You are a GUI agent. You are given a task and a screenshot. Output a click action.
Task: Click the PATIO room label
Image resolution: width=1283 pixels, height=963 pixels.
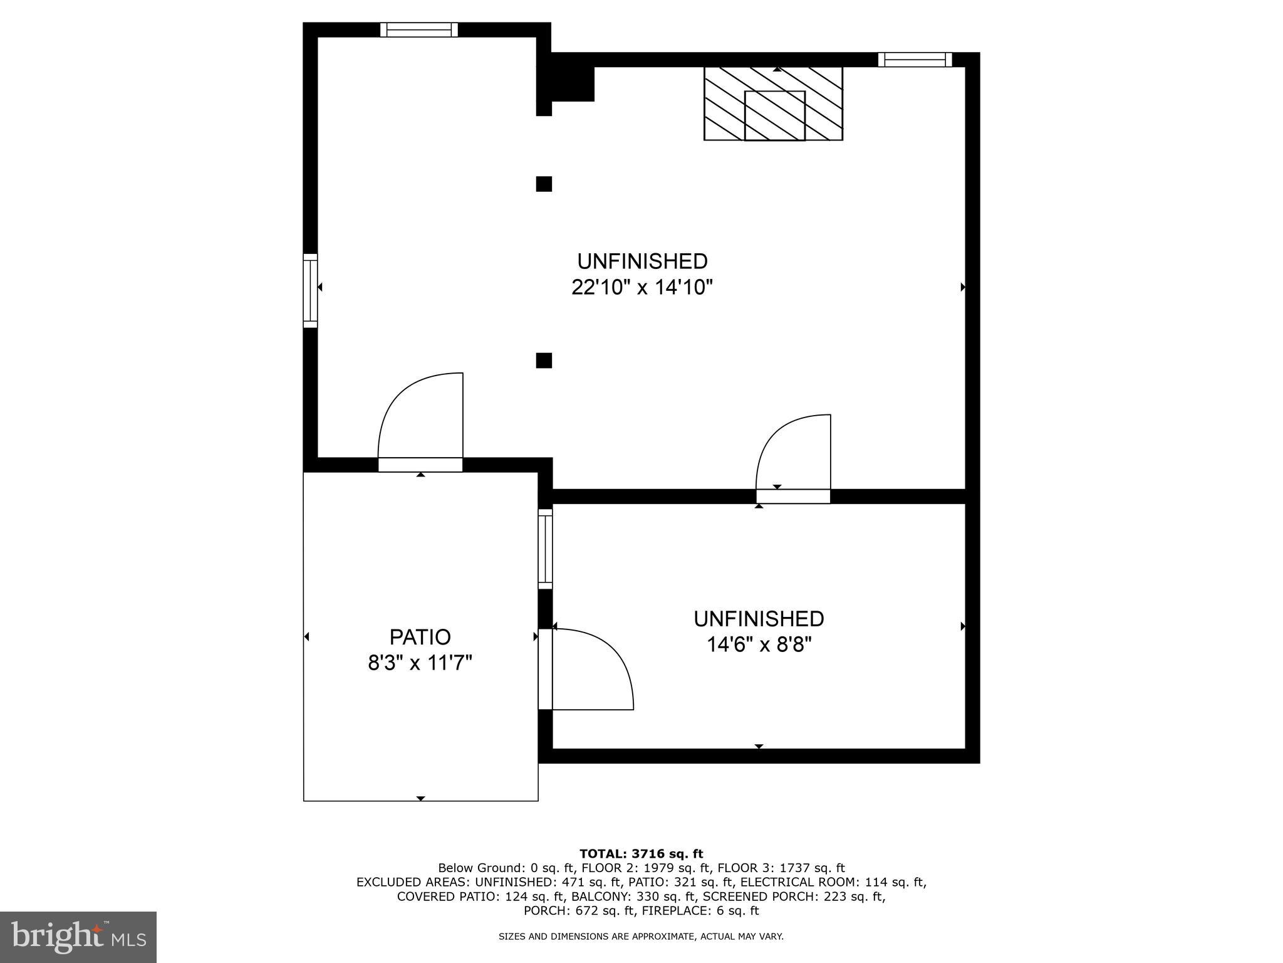[420, 637]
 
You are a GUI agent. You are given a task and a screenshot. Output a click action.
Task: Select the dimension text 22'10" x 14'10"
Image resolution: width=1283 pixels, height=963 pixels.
[642, 288]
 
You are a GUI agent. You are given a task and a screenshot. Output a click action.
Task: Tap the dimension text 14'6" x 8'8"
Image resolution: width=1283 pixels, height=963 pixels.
[759, 645]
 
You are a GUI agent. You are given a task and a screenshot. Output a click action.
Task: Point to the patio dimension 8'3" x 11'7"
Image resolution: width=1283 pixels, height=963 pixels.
[420, 663]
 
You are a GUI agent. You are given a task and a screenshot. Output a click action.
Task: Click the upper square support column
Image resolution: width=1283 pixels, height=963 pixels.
[544, 184]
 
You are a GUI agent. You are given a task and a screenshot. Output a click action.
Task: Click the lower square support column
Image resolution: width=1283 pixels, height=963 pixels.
[544, 360]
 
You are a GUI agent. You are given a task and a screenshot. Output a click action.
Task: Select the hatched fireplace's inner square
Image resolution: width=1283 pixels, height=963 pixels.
[774, 115]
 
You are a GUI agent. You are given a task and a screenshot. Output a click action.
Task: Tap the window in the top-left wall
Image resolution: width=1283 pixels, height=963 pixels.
[418, 29]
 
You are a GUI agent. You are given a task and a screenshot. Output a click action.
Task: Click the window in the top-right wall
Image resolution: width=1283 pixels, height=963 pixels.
[915, 60]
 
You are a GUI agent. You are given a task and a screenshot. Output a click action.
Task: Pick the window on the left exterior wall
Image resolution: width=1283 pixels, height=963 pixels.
[310, 290]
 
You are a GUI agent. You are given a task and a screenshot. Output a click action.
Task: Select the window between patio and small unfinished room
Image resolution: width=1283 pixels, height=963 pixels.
[545, 549]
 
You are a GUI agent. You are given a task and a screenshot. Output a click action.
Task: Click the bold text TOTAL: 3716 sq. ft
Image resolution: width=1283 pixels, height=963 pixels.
[641, 853]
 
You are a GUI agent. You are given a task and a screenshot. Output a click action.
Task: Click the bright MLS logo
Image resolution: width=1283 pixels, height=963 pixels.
[78, 937]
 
